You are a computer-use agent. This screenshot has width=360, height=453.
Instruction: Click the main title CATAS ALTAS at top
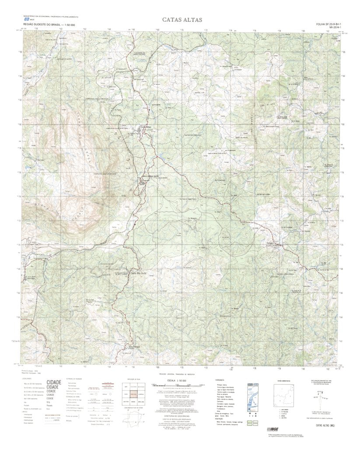coord(182,20)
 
